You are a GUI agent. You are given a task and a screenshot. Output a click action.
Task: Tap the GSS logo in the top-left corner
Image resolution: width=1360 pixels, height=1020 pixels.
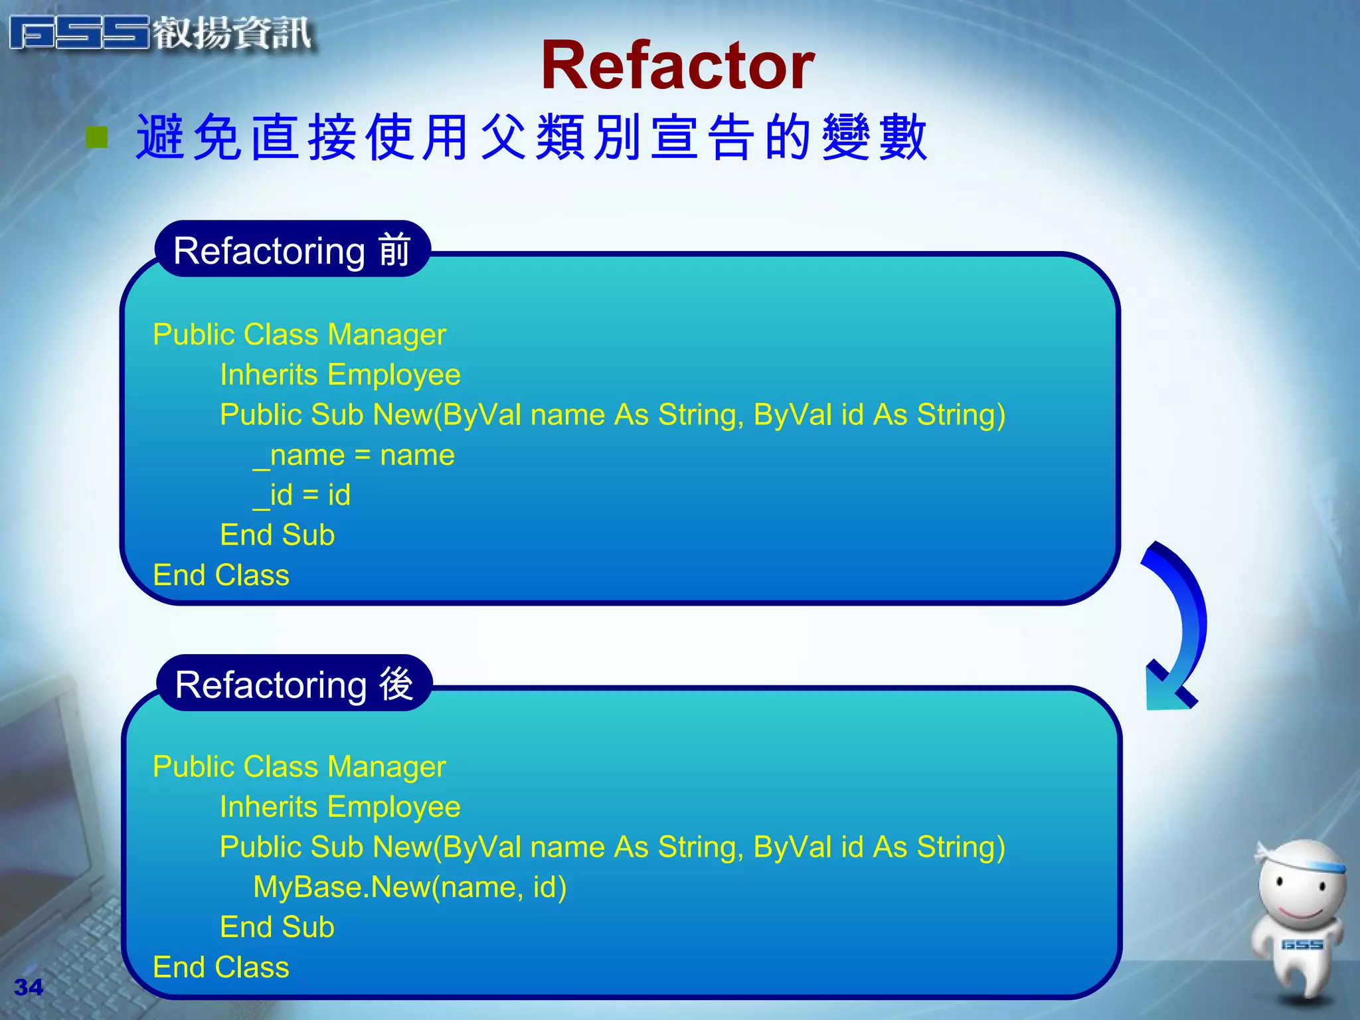coord(80,33)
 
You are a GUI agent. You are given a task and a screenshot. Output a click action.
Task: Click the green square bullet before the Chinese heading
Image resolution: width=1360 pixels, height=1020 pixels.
coord(97,137)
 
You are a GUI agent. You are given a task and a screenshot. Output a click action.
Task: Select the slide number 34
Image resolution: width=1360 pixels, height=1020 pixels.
coord(28,987)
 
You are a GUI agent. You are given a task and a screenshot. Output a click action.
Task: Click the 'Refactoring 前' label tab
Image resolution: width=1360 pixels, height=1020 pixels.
coord(292,250)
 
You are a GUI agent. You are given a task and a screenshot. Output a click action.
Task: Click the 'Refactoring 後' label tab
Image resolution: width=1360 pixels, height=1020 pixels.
coord(294,684)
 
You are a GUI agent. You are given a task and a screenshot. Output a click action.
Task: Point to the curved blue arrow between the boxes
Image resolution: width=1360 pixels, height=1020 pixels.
coord(1179,624)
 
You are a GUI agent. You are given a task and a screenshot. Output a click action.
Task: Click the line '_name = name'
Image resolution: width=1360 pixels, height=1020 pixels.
coord(354,456)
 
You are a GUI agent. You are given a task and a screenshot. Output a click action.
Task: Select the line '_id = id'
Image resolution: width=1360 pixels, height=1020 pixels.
coord(302,495)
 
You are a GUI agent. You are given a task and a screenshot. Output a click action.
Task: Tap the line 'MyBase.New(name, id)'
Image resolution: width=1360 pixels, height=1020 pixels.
coord(410,887)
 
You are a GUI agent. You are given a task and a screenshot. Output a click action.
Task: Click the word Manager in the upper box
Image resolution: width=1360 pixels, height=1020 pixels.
coord(386,335)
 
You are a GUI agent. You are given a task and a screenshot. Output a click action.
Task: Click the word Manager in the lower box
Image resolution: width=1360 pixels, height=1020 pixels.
coord(386,767)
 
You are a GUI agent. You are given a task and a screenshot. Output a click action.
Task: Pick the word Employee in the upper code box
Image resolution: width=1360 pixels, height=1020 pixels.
coord(393,375)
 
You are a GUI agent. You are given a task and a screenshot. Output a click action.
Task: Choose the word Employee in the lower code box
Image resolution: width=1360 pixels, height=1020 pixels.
coord(393,807)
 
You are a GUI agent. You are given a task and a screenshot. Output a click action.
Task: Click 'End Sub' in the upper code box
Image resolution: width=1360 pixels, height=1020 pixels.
coord(277,535)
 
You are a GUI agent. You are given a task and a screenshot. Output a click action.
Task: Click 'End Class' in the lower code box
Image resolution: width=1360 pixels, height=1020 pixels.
coord(221,968)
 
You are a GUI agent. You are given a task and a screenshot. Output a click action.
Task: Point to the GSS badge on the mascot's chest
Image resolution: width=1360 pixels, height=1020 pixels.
coord(1302,944)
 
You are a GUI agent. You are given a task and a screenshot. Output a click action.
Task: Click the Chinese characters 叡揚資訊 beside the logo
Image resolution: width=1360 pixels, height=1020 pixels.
coord(232,33)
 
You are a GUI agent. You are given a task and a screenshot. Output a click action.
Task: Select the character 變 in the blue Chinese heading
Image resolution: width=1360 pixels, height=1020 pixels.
coord(845,137)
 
